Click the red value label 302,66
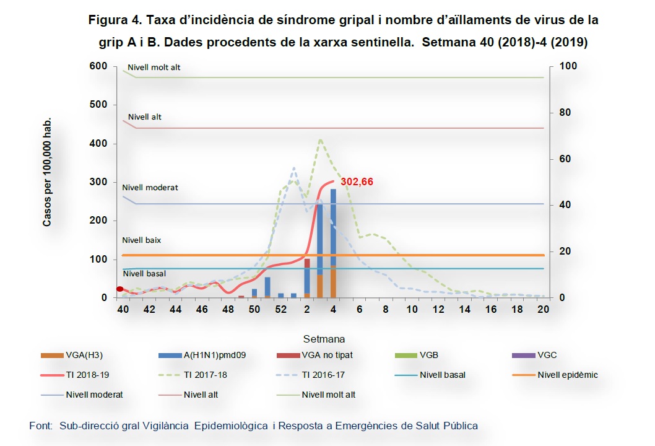coord(357,182)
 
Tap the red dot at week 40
coord(120,289)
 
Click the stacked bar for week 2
coord(307,278)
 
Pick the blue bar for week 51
coord(267,287)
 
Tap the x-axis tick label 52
coord(280,309)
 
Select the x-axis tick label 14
coord(464,309)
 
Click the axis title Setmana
coord(324,339)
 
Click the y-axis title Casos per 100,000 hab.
coord(47,171)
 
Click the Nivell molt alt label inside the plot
coord(154,67)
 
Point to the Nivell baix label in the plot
coord(141,240)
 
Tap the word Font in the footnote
coord(41,426)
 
